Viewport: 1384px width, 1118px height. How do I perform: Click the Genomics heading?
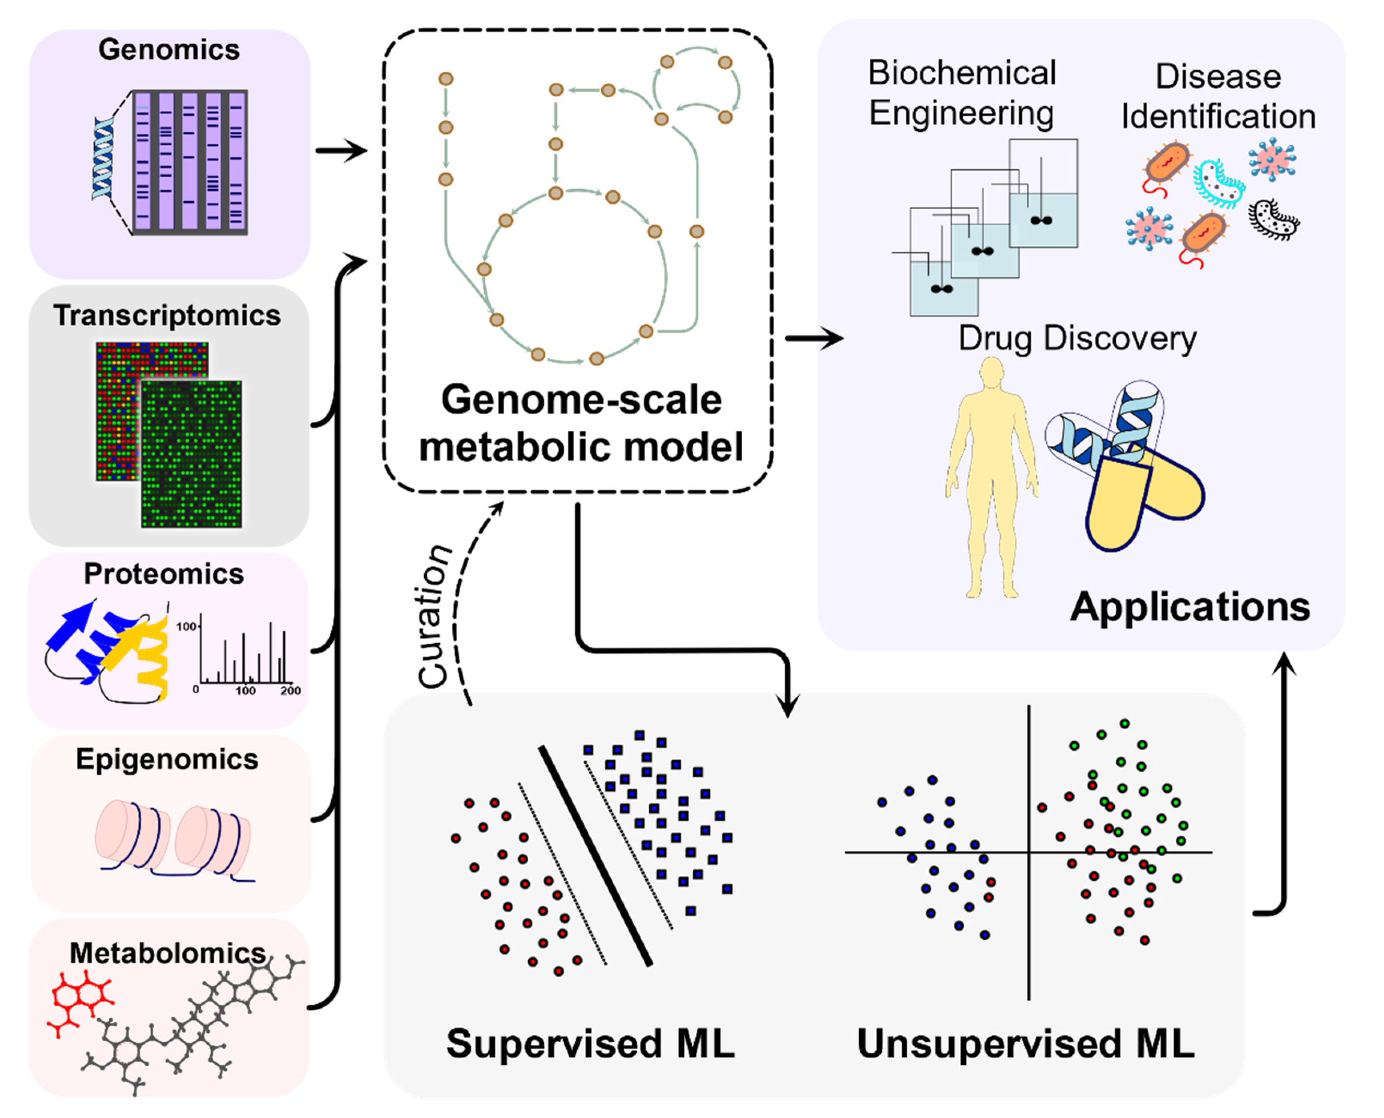[x=169, y=50]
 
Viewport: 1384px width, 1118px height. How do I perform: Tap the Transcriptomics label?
[x=167, y=315]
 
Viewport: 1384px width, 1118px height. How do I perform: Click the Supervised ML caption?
[x=590, y=1043]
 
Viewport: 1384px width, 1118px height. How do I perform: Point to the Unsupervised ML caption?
[x=1026, y=1043]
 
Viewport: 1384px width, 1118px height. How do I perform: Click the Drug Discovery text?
[x=1077, y=339]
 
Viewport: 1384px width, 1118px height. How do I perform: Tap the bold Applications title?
[x=1190, y=607]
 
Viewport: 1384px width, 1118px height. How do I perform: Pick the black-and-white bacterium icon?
[x=1274, y=219]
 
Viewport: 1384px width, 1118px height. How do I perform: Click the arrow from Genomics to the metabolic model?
[x=341, y=151]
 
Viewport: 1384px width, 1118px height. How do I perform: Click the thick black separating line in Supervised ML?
[x=595, y=856]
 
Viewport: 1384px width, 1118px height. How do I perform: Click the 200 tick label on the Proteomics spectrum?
[x=290, y=690]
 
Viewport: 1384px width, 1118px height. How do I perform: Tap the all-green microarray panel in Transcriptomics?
[x=191, y=454]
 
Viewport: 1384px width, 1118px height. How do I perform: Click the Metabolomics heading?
[x=167, y=953]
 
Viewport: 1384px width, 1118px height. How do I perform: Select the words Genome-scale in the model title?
[x=581, y=401]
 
